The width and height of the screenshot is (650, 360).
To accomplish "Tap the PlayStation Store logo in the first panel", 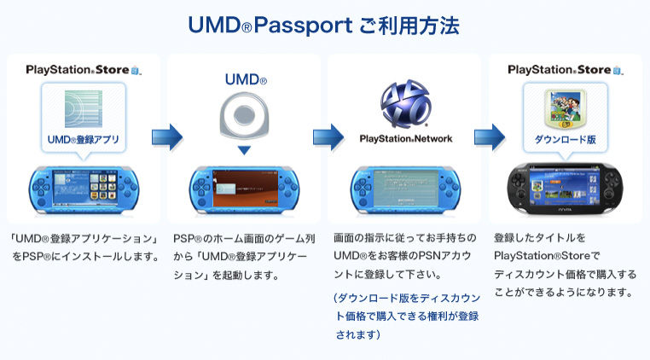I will (84, 69).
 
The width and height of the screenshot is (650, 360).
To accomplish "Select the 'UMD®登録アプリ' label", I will (84, 139).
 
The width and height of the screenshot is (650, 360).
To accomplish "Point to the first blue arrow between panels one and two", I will (166, 136).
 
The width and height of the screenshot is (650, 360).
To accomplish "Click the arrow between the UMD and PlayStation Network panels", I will (327, 136).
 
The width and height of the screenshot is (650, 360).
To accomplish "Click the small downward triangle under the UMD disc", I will (244, 151).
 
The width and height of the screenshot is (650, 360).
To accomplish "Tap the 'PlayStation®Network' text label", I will (405, 138).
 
